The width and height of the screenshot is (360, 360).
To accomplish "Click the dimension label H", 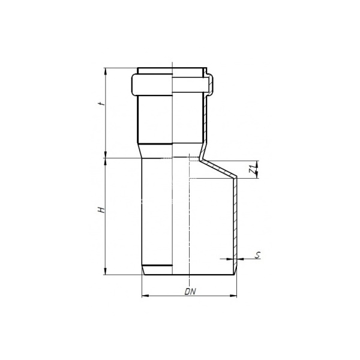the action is point(101,210).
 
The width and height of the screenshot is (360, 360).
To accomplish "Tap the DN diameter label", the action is point(190,292).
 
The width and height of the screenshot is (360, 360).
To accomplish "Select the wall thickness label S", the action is point(258,255).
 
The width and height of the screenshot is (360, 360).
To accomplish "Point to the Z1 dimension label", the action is point(253,169).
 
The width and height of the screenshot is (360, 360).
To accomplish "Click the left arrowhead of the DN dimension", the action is point(145,296).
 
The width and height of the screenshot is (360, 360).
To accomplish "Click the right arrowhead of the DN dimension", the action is point(233,296).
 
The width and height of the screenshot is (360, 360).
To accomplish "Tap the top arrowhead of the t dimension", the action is point(106,71).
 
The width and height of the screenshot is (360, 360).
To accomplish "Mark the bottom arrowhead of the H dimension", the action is point(106,271).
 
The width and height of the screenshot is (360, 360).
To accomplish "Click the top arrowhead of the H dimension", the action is point(106,161).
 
